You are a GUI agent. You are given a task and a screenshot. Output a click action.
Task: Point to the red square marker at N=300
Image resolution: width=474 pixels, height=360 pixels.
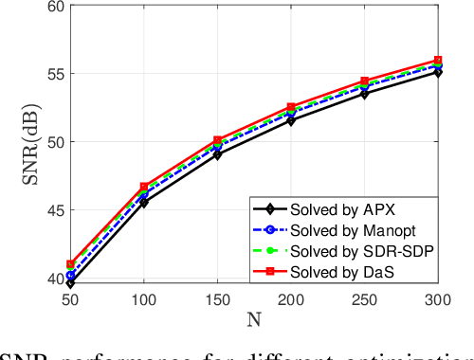pos(438,61)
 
